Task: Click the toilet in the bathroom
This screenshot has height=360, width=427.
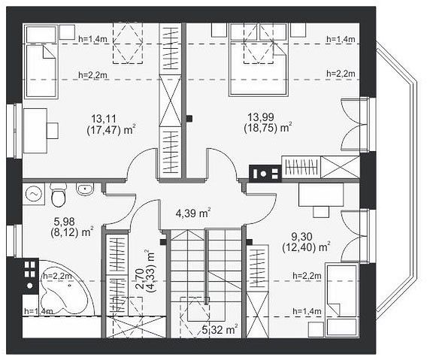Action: coord(59,195)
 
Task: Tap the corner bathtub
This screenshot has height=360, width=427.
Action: coord(65,289)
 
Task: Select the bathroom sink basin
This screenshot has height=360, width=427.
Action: coord(85,189)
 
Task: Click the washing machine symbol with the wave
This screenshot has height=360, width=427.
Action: coord(34,194)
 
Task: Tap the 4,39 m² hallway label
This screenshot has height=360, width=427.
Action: coord(193,213)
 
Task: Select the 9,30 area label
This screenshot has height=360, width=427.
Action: coord(301,237)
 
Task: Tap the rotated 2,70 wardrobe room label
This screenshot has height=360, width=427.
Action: coord(139,279)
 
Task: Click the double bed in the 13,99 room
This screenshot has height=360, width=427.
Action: coord(258,60)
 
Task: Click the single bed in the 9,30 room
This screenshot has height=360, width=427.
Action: coord(342,300)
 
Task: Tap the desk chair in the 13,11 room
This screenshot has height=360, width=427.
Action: coord(53,131)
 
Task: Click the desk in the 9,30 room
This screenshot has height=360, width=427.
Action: coord(321,195)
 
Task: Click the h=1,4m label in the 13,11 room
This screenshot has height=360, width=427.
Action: coord(92,39)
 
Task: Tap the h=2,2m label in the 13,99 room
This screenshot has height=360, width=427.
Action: coord(341,74)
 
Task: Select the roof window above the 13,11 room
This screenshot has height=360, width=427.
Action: coord(128,43)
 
